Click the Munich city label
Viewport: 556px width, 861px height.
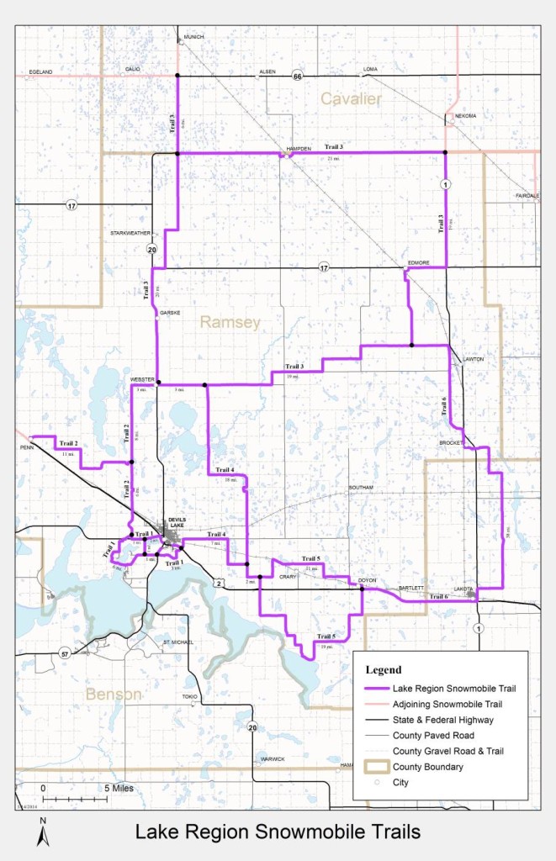point(193,37)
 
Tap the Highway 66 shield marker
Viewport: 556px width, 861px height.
point(297,77)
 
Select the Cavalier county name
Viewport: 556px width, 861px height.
point(351,100)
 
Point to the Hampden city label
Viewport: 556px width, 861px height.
point(299,148)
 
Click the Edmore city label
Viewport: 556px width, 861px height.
point(419,262)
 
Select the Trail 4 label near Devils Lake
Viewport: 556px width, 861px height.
point(216,535)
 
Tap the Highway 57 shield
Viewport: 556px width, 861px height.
point(64,652)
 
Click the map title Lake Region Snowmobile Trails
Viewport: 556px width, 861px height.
point(277,832)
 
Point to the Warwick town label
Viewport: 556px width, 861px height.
point(272,759)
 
